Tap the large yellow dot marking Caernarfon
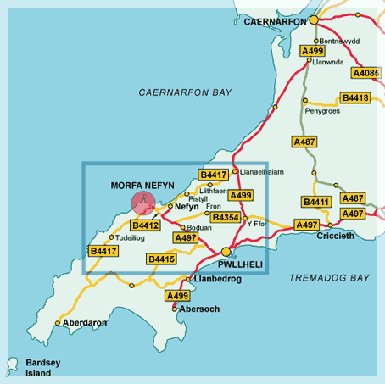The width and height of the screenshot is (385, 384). point(314,19)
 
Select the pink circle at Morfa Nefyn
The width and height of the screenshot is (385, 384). point(143,203)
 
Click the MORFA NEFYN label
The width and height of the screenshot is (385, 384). point(142,186)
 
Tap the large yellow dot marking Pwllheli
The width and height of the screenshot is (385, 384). point(226,252)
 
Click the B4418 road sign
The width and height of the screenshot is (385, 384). point(355,98)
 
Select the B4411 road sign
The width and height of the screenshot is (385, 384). point(317,202)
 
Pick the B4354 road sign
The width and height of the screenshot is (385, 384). point(226,218)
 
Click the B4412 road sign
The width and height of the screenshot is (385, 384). point(145,225)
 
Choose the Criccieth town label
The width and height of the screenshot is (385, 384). point(337,235)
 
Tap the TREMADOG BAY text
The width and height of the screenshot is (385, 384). point(329,278)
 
